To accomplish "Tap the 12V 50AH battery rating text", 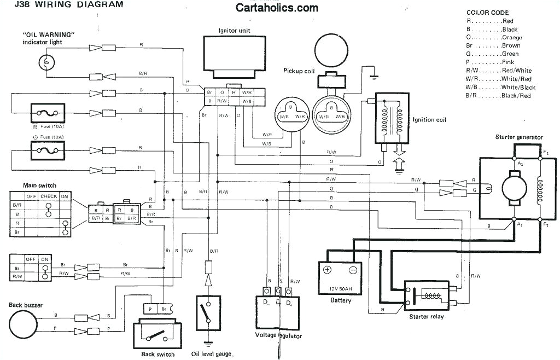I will coord(340,288).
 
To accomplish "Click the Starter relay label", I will coord(427,317).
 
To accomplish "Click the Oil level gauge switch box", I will coord(207,313).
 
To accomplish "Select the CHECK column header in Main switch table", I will coord(49,196).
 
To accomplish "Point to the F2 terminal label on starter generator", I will coord(545,224).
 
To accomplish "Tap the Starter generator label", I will coord(518,137).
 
